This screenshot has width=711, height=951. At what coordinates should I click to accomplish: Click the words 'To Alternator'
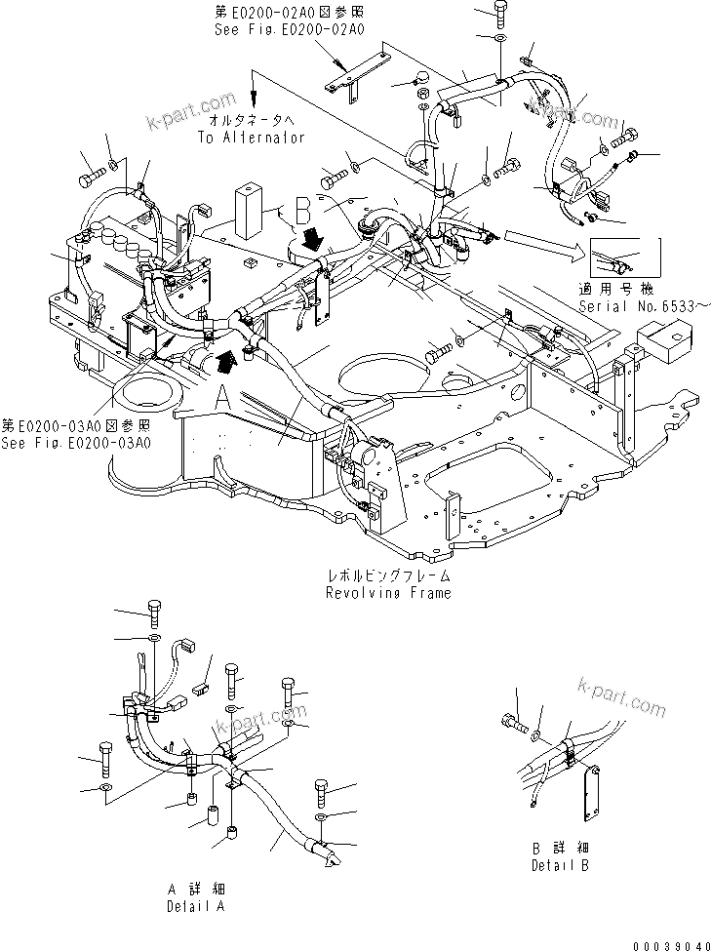point(252,138)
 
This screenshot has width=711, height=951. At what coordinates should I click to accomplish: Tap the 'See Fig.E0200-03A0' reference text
point(76,443)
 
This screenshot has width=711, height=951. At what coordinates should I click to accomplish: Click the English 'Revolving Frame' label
point(389,593)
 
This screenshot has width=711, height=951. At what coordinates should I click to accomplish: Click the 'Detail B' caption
point(560,865)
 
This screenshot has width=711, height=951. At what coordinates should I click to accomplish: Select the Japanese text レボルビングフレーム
point(389,577)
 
